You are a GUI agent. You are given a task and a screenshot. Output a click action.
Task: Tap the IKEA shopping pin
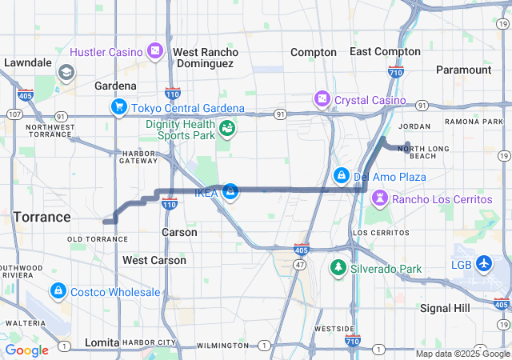coord(230,192)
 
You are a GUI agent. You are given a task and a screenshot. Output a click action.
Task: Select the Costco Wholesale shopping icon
coord(58,293)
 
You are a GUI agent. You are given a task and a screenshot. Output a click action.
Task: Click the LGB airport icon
coord(485,263)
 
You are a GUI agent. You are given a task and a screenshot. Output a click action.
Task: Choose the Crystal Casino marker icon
coord(322,100)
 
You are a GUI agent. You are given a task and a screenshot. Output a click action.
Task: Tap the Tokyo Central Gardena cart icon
coord(119,108)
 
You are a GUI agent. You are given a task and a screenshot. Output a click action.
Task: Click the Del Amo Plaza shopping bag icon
coord(341,176)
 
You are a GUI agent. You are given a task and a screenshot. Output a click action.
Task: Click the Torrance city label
coord(42,217)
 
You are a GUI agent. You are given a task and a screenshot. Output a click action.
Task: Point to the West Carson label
coord(154,260)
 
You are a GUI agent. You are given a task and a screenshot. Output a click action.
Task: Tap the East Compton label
coord(385,51)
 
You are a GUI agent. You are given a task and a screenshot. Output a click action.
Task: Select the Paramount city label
coord(464,70)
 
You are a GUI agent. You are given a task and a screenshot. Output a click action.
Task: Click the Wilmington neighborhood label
coord(222,346)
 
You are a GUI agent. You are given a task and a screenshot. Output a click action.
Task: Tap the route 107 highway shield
coord(14,114)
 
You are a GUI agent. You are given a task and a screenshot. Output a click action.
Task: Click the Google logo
coord(26,350)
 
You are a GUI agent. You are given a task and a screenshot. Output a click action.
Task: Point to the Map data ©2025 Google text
coord(462,354)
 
